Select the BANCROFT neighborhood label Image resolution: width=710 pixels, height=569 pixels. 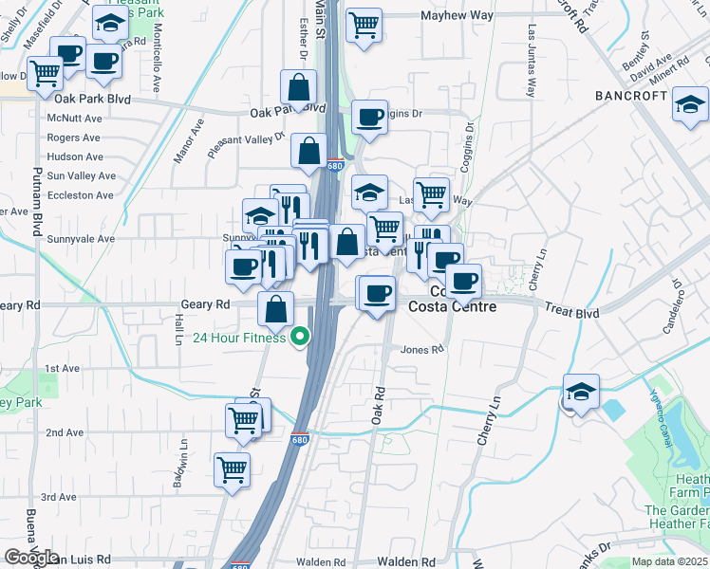633,96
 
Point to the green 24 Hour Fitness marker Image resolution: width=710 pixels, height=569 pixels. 301,337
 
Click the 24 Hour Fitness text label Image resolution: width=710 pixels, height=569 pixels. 239,339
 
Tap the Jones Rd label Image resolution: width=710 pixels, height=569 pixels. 422,349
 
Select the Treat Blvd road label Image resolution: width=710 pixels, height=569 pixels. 572,311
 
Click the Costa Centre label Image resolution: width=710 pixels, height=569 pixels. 452,307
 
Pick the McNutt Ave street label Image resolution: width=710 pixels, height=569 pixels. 74,119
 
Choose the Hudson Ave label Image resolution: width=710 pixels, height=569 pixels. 74,156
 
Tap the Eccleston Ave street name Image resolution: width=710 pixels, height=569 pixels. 80,195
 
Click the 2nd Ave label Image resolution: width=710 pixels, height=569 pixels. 64,432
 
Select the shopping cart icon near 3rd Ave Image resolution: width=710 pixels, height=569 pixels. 232,469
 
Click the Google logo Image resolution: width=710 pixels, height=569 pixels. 31,558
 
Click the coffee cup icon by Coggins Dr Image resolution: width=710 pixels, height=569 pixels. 369,119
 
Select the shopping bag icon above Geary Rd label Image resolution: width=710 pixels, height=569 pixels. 275,309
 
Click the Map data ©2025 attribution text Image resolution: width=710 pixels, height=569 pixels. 669,561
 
